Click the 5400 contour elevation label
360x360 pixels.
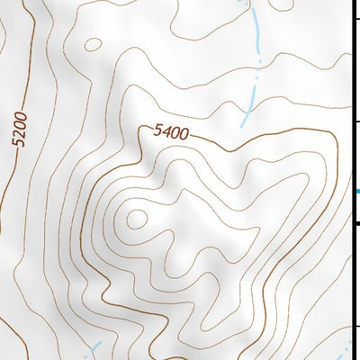[x=170, y=133]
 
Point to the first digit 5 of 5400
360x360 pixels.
[x=157, y=130]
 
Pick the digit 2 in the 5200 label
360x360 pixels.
[x=22, y=138]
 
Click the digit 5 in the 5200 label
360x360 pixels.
[x=22, y=148]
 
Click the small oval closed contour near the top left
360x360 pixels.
[x=91, y=43]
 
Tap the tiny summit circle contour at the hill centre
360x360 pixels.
[x=137, y=217]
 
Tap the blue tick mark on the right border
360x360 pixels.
[x=357, y=192]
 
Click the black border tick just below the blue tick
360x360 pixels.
[x=357, y=222]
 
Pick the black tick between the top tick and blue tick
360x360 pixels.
[x=357, y=121]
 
